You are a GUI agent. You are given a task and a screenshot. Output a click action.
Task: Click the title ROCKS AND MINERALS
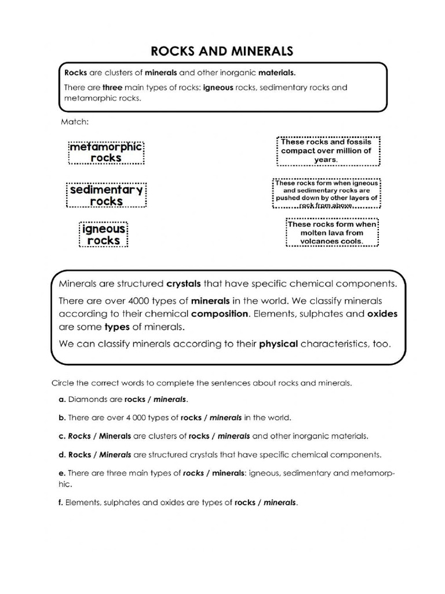222,51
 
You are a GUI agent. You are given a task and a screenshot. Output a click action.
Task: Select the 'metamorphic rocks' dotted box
106,152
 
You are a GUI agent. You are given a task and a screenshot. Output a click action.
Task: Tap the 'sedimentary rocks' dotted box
107,195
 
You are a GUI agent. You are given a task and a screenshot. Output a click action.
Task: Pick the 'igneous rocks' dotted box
103,234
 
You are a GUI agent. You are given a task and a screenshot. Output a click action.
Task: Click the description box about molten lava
332,233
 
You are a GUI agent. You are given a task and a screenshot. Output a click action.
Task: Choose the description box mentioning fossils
329,150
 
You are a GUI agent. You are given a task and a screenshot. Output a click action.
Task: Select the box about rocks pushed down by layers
327,194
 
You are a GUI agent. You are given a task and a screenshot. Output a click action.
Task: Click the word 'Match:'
74,122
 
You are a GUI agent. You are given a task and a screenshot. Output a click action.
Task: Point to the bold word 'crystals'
184,284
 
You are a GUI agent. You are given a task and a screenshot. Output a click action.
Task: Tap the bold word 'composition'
220,314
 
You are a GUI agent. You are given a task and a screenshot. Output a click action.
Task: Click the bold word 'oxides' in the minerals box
382,314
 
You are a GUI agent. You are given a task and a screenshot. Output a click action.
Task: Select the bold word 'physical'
278,343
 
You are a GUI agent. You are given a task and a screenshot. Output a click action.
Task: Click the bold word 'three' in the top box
113,88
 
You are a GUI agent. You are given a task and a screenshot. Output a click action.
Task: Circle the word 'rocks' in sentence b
191,417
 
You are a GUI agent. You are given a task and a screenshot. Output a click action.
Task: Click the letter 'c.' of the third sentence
61,435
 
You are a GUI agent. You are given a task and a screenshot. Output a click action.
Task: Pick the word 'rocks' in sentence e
194,473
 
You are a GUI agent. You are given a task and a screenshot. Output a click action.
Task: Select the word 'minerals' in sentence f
280,502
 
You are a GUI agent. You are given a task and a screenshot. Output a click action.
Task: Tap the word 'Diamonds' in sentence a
86,400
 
